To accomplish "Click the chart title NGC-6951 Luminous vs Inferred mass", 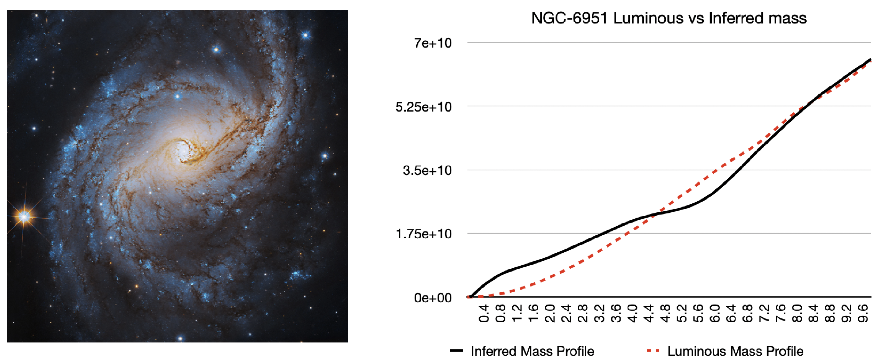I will (669, 18).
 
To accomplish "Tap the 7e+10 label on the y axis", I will (433, 43).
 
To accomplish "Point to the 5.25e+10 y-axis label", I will (423, 107).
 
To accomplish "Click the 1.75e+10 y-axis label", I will (423, 234).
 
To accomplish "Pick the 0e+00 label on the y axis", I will (433, 298).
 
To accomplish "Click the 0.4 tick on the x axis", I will (484, 314).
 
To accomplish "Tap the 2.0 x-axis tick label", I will (550, 314).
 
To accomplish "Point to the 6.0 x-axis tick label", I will (715, 314).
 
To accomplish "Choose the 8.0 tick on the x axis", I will (797, 314).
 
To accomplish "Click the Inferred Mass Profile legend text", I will (532, 351).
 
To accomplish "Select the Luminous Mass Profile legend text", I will (735, 351).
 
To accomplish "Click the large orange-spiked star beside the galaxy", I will (24, 216).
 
